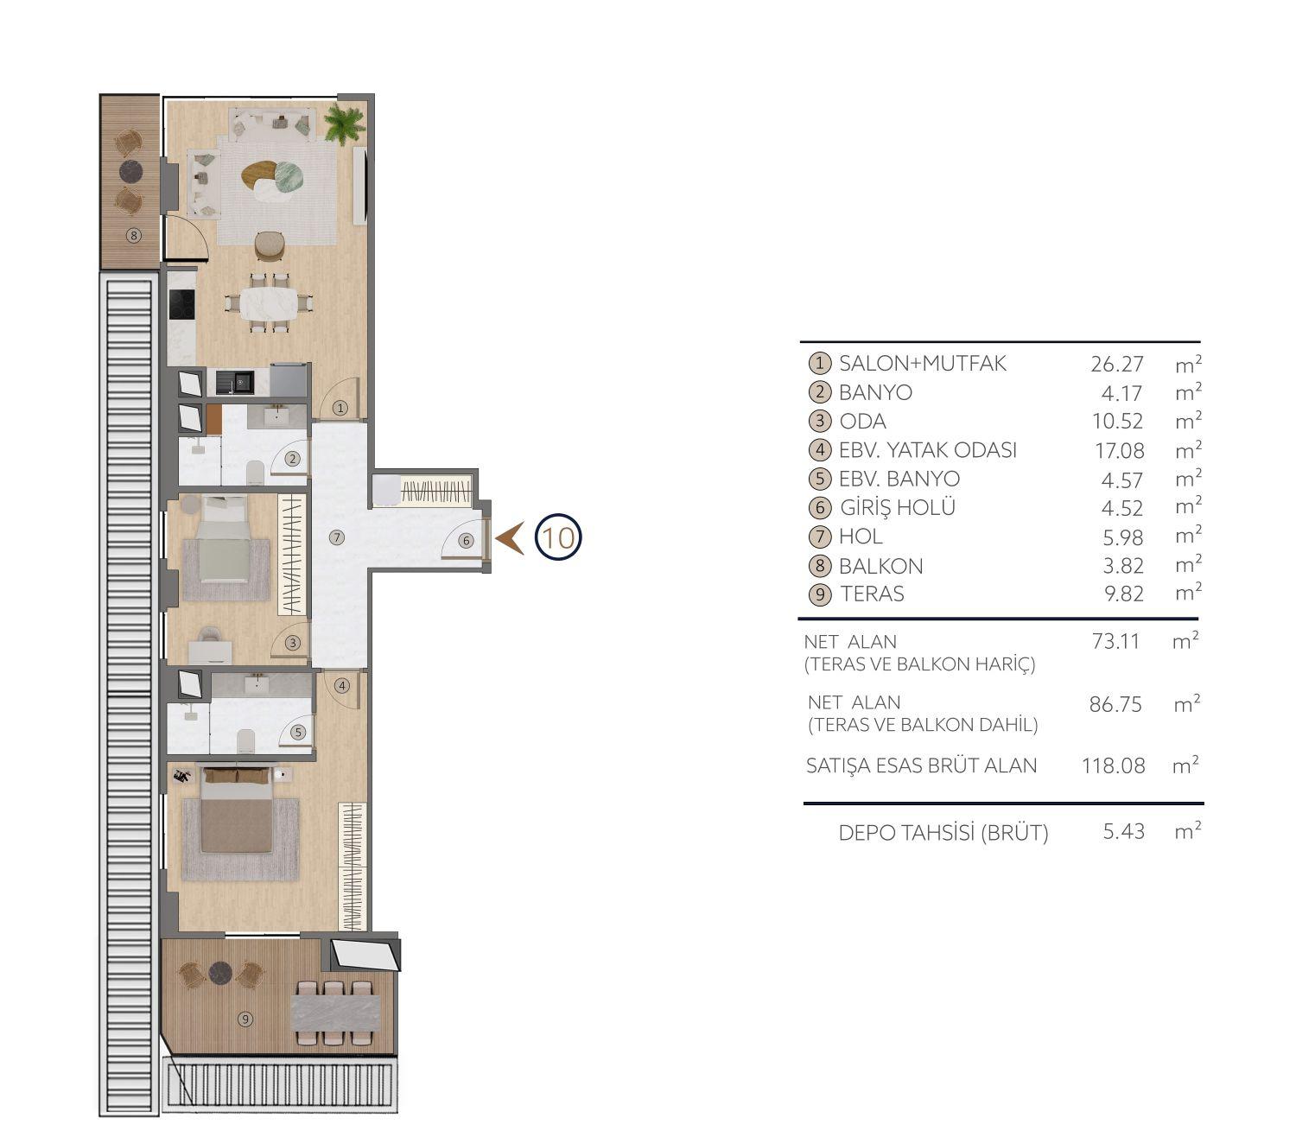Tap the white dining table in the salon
pos(269,304)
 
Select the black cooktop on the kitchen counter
pos(181,304)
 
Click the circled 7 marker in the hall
pos(336,537)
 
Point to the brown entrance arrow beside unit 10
pos(510,538)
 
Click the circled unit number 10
pos(558,537)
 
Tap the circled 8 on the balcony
pos(133,236)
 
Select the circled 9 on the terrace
pos(245,1019)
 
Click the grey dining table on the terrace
pos(335,1013)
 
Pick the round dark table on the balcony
pos(130,171)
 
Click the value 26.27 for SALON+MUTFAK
pos(1117,364)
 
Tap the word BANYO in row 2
pos(875,392)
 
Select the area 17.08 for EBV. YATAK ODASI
pos(1120,451)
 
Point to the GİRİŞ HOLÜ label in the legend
pos(898,507)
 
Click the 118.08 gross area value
pos(1113,765)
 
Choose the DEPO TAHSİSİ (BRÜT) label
pos(943,832)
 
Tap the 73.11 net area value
pos(1115,641)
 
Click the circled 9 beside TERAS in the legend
pos(820,594)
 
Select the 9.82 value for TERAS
pos(1124,594)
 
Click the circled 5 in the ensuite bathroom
pos(297,732)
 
